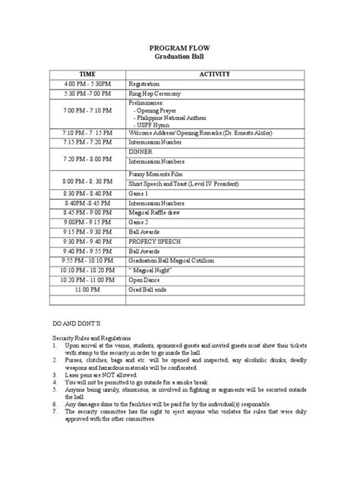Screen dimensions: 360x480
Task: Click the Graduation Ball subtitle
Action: [x=180, y=56]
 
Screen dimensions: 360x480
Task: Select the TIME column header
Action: [x=84, y=74]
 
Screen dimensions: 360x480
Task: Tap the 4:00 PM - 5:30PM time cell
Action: [x=84, y=84]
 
